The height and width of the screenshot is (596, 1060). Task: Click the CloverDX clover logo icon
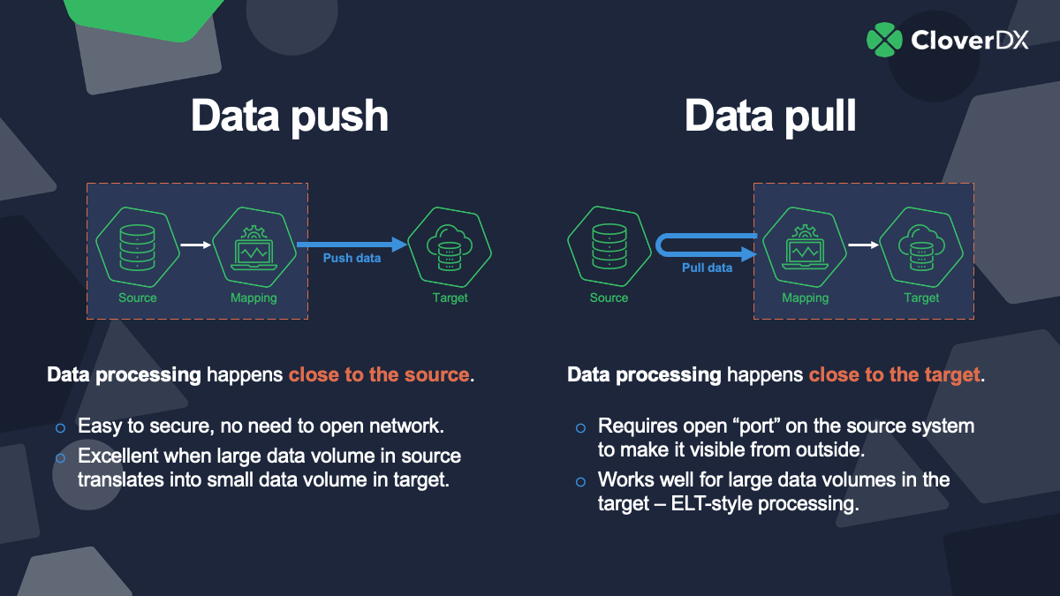(884, 39)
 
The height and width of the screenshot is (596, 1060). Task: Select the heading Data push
(290, 116)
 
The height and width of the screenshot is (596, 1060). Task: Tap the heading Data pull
(770, 116)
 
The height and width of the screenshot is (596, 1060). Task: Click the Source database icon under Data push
(138, 245)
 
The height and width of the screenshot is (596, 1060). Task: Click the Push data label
(352, 258)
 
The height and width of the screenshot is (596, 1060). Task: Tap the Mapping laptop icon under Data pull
(805, 245)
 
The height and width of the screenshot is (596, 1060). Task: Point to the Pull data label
(707, 268)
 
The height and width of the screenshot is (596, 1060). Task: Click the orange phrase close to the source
(378, 374)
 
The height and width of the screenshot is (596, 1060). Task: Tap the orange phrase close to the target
(895, 374)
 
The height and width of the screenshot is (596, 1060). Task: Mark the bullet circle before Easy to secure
(61, 427)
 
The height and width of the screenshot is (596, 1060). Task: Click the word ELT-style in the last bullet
(733, 505)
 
